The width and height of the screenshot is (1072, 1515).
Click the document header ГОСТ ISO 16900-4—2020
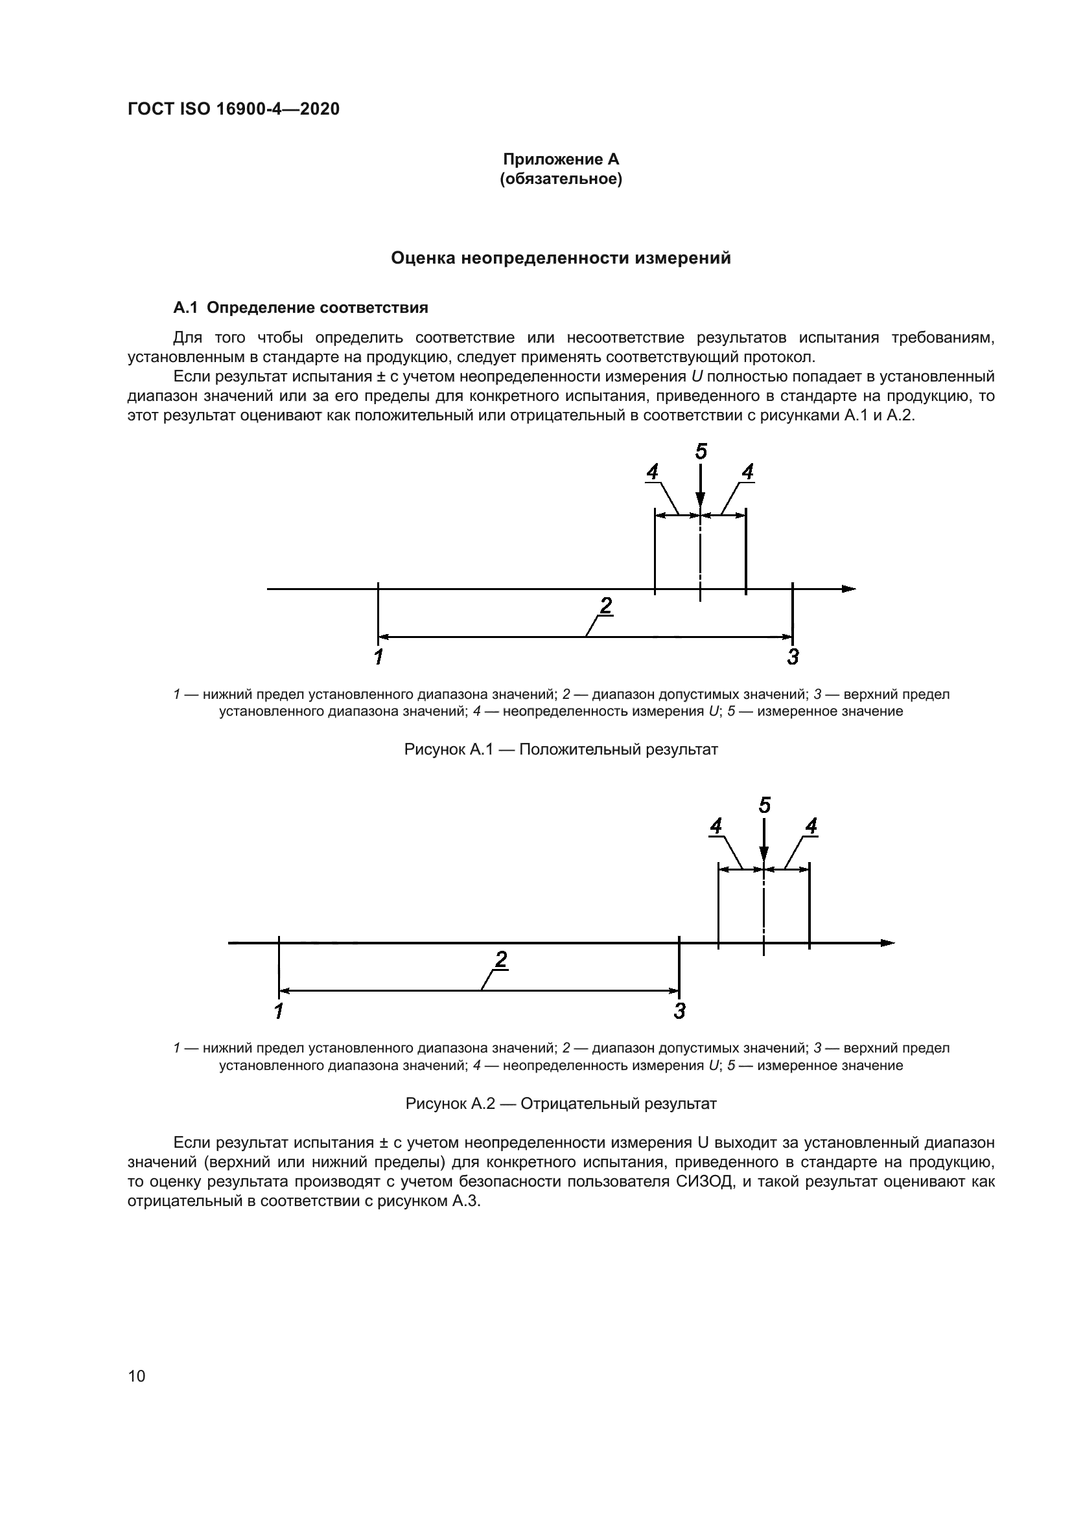pyautogui.click(x=233, y=109)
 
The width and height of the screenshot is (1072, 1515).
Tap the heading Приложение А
pyautogui.click(x=561, y=159)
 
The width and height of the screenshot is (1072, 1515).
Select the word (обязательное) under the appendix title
pyautogui.click(x=561, y=179)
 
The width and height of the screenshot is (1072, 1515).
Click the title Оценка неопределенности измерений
pyautogui.click(x=561, y=258)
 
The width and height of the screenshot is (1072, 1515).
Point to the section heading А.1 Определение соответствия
pyautogui.click(x=300, y=308)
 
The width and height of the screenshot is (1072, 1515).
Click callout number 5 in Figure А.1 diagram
pyautogui.click(x=701, y=452)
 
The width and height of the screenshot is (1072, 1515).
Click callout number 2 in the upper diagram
pyautogui.click(x=605, y=605)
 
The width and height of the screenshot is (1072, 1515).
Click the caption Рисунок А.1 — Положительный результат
pyautogui.click(x=561, y=749)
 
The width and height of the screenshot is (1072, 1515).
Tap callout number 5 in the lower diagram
pyautogui.click(x=764, y=806)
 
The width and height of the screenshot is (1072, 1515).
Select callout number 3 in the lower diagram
pyautogui.click(x=680, y=1010)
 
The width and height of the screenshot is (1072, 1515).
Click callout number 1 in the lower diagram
pyautogui.click(x=279, y=1010)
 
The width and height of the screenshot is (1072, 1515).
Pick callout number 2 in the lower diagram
pyautogui.click(x=501, y=959)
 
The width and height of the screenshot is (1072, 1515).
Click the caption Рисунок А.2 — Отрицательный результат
pyautogui.click(x=561, y=1103)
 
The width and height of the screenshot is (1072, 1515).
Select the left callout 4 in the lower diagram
pyautogui.click(x=716, y=826)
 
